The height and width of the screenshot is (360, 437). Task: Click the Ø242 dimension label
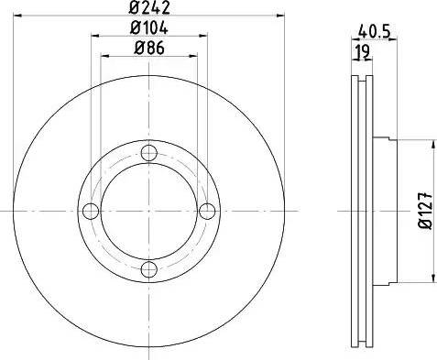tap(149, 10)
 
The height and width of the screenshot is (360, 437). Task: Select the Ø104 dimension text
tap(149, 29)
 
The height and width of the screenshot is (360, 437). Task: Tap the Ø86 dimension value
tap(149, 49)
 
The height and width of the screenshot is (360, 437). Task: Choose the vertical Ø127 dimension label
tap(424, 211)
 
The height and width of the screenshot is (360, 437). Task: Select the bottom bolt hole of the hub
tap(149, 269)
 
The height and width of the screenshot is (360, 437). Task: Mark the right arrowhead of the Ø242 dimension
tap(282, 16)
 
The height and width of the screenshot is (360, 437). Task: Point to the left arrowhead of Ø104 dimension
tap(96, 36)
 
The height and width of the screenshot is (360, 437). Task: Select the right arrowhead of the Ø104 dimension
tap(204, 36)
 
